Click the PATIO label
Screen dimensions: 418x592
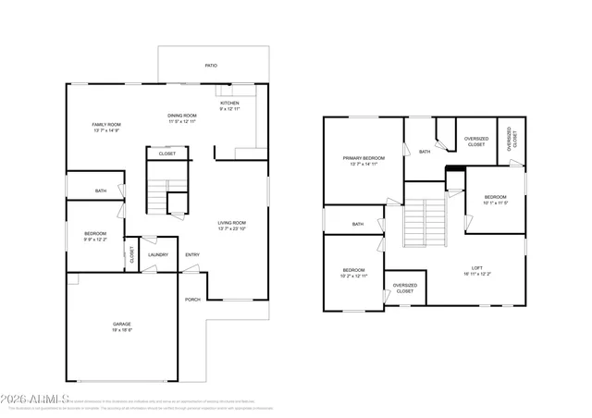211,66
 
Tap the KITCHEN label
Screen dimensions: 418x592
229,103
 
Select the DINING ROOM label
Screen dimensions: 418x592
182,115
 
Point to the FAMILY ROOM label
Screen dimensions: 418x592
106,124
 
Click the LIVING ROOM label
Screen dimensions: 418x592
231,223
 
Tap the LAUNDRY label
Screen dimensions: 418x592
157,254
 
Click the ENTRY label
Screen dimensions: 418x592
192,254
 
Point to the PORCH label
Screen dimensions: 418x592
192,299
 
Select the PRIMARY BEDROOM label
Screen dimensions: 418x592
364,158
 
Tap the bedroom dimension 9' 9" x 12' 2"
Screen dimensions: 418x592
95,240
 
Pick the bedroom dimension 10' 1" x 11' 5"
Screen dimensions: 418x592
496,203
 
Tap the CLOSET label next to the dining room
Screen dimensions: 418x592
166,154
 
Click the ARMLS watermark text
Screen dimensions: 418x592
30,399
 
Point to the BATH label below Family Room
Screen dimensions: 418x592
101,191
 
